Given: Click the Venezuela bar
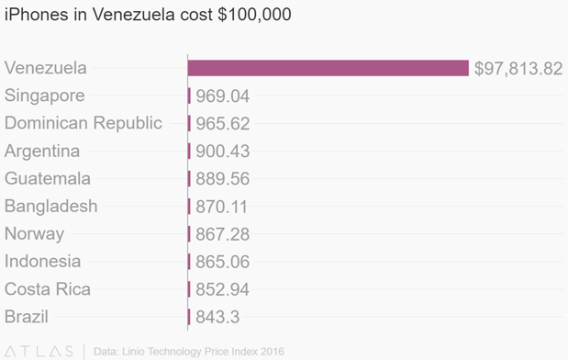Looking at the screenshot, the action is [329, 68].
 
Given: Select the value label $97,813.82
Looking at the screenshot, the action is [518, 69].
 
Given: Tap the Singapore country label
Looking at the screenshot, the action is [45, 96].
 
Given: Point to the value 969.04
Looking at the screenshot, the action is [222, 96].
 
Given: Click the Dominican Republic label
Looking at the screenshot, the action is [84, 123].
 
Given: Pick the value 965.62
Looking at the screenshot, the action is [222, 124].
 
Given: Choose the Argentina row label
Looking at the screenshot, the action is [42, 152].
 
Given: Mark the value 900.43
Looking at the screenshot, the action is [222, 152].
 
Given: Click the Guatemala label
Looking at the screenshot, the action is [48, 178].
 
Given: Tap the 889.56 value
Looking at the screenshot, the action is [222, 179].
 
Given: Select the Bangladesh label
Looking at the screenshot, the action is [51, 207].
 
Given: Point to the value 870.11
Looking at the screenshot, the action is [221, 207].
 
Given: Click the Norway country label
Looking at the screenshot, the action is [35, 234].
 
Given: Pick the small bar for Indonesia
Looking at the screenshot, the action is [189, 262].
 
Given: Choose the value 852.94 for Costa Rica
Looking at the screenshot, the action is [222, 289].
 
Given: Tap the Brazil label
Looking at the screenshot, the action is [27, 317].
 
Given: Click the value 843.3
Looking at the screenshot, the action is [217, 317].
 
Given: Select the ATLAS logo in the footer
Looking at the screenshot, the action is [39, 352].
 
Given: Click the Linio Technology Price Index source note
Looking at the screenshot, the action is [189, 352].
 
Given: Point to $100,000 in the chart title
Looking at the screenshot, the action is [254, 15].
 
